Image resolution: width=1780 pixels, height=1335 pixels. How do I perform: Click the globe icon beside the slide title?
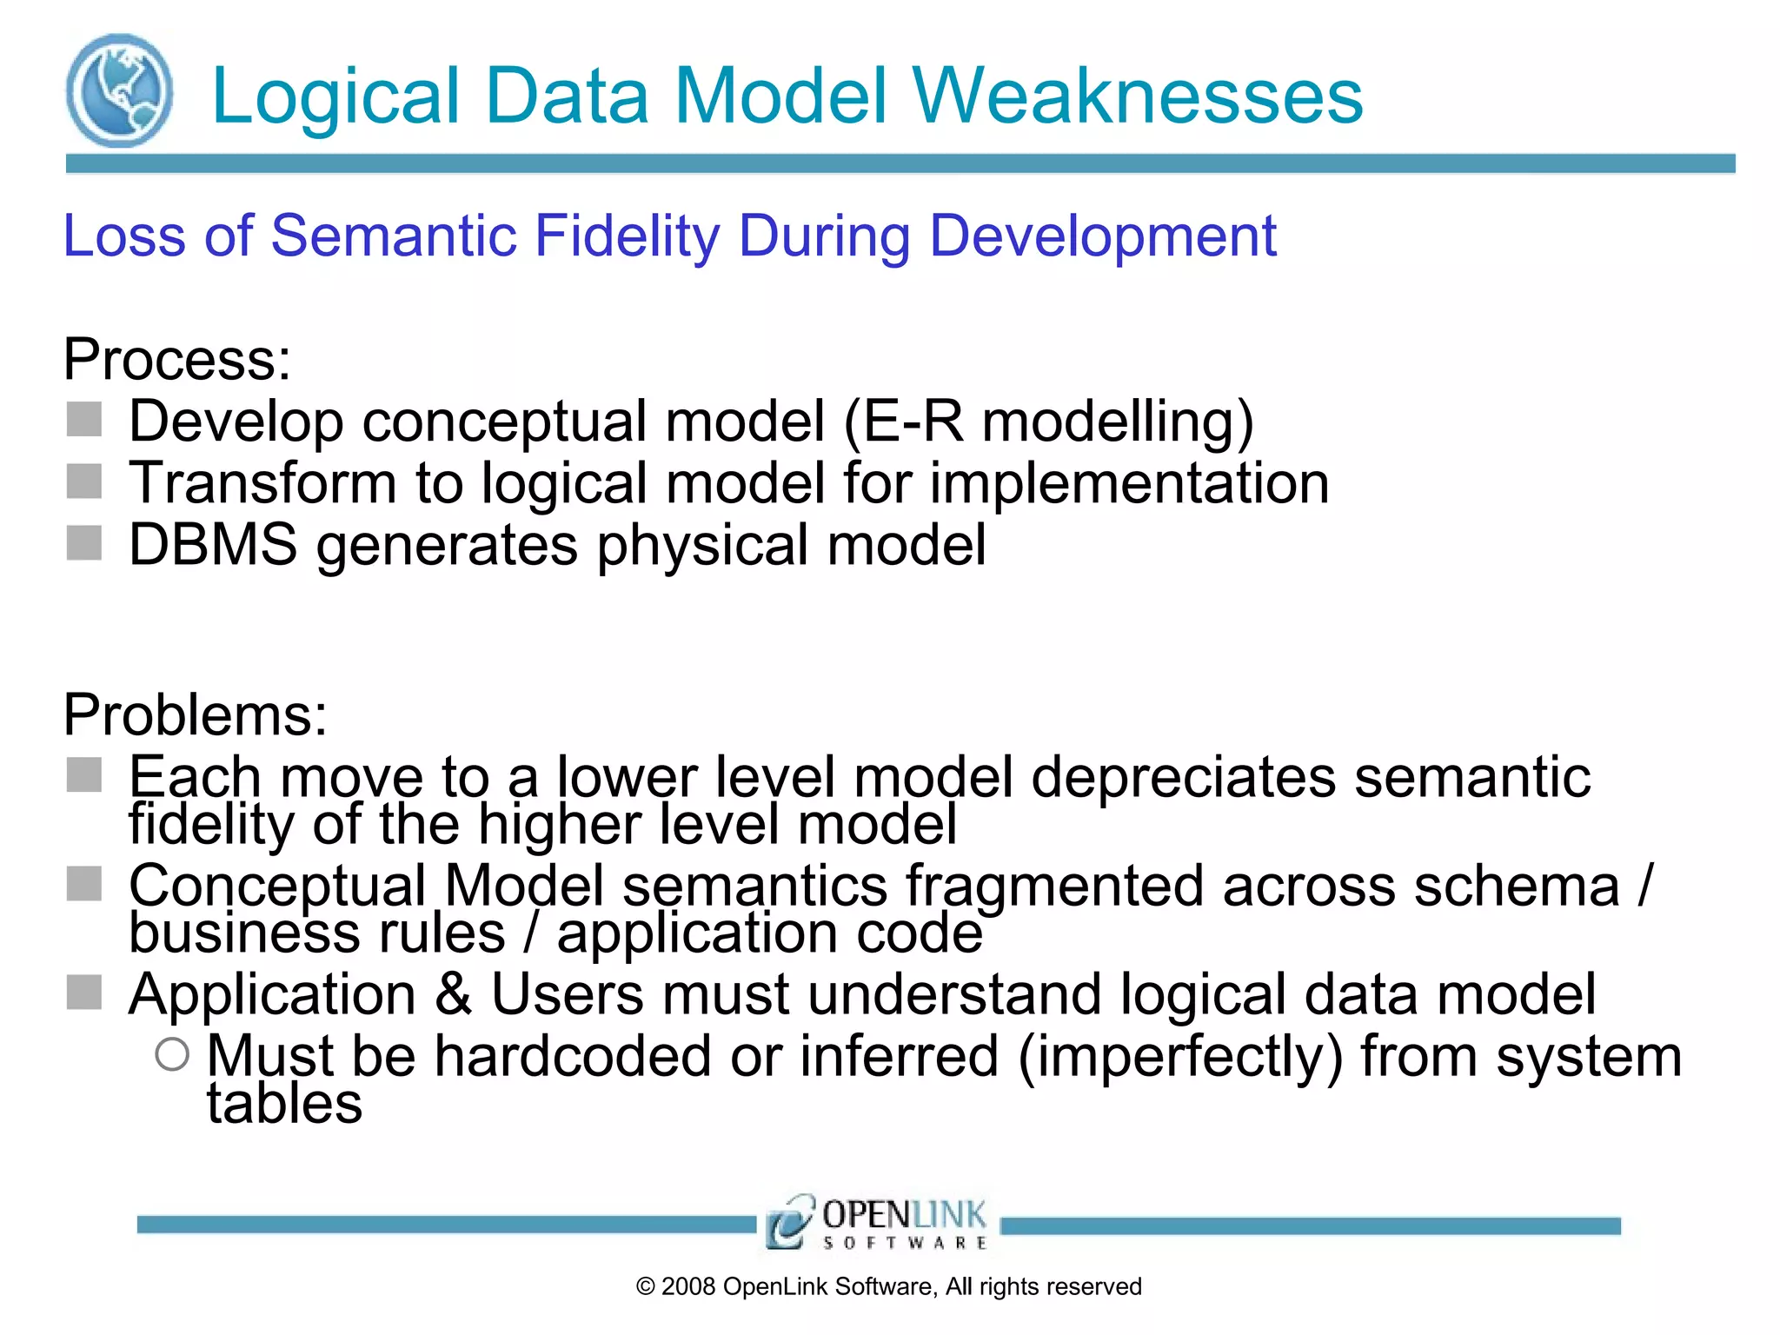point(119,90)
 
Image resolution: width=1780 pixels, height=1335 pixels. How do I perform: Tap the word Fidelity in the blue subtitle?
point(627,236)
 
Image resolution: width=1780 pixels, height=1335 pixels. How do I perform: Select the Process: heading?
point(177,359)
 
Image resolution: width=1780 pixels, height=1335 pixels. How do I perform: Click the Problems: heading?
point(196,714)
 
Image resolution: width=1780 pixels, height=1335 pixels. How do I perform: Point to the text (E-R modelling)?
point(1048,422)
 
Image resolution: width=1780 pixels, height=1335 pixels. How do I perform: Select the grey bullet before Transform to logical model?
point(84,481)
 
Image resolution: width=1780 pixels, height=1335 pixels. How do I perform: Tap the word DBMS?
point(213,545)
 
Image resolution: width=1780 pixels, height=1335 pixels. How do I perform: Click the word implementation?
point(1129,483)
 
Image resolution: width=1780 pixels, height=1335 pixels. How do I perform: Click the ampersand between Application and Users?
point(454,993)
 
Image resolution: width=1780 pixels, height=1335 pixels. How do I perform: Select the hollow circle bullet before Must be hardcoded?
point(172,1054)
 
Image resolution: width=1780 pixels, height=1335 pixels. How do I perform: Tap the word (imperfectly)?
point(1179,1057)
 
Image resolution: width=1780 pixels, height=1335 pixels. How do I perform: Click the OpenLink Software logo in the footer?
point(877,1224)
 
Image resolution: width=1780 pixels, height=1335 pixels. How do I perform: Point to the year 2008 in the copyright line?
point(687,1286)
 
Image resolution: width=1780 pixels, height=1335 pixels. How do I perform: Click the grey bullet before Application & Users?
point(84,992)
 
